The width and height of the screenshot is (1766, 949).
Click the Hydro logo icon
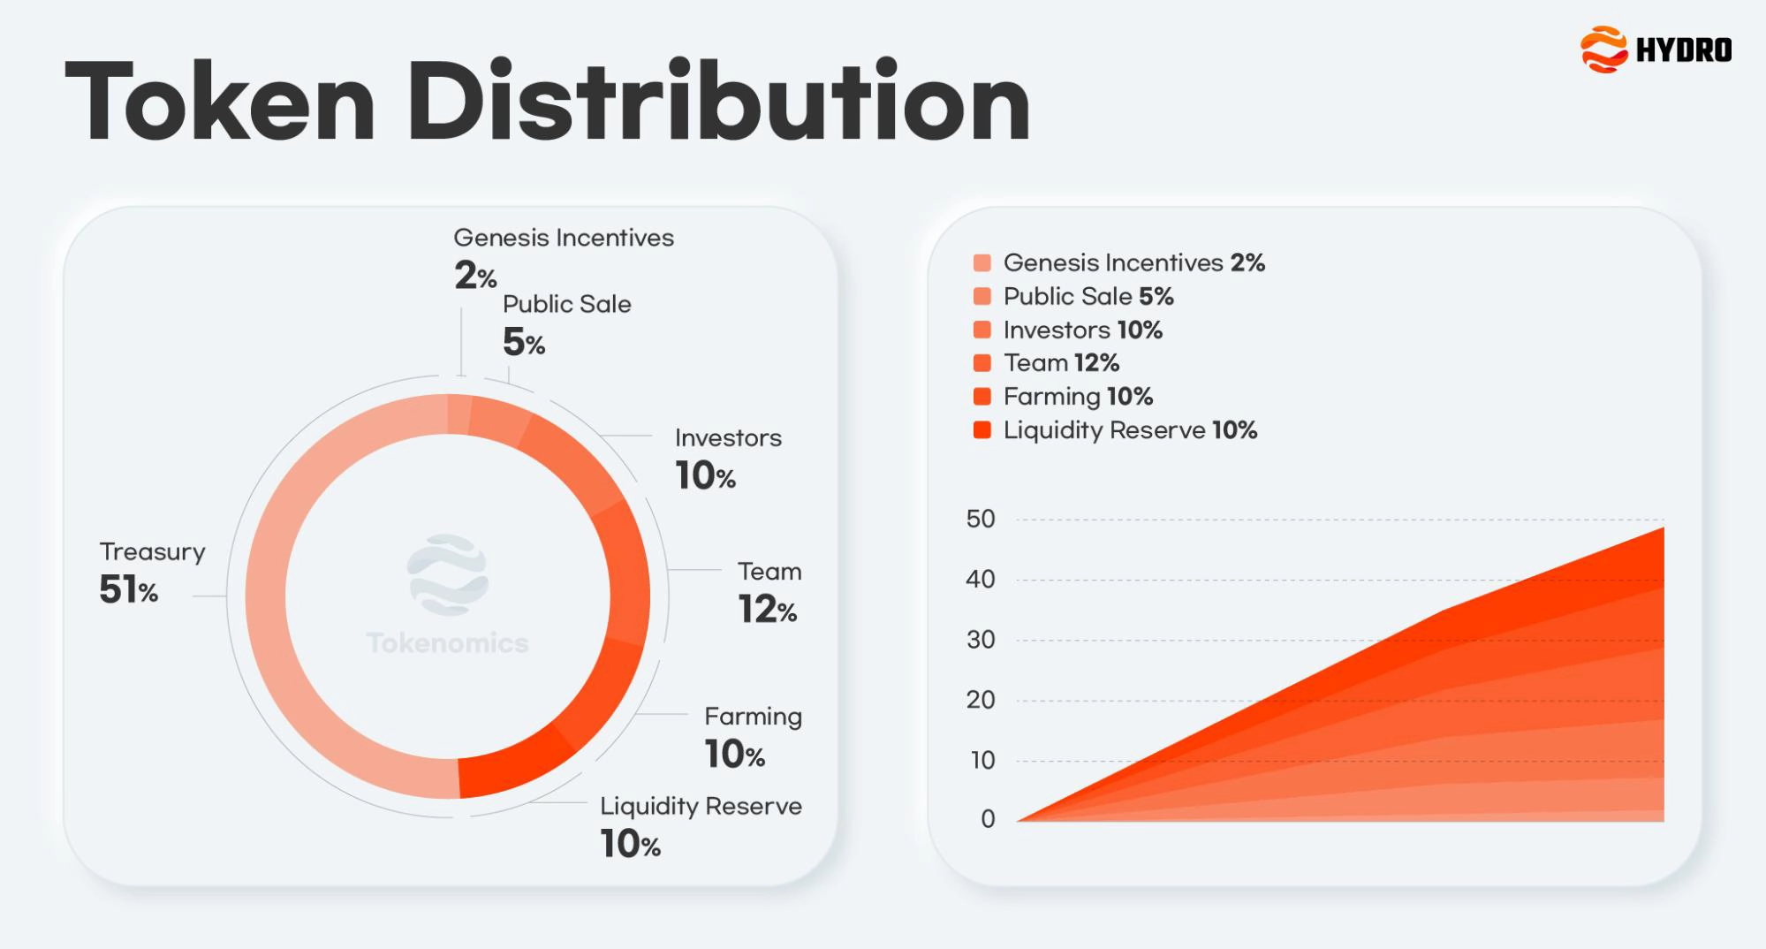click(x=1603, y=49)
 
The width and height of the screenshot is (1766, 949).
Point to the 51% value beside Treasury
click(x=128, y=590)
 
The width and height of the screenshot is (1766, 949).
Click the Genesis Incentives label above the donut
click(x=563, y=238)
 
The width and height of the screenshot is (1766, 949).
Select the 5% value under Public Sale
click(x=523, y=343)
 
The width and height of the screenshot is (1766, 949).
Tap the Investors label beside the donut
click(x=728, y=438)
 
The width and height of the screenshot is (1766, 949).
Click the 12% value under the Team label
click(x=767, y=610)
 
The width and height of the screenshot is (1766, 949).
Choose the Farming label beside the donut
click(x=753, y=717)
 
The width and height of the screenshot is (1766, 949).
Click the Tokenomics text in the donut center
click(x=447, y=643)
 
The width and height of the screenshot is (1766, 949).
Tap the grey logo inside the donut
click(x=447, y=574)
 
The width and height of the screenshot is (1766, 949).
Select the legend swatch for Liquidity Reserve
click(x=982, y=430)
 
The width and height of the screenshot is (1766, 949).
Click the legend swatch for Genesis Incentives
click(x=982, y=263)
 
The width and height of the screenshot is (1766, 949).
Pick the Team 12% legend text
click(x=1061, y=363)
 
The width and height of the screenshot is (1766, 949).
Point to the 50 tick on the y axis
click(x=981, y=519)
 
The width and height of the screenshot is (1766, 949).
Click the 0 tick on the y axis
click(x=988, y=819)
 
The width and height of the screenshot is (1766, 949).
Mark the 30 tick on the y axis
click(x=981, y=640)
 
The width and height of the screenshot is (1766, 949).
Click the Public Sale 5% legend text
click(x=1088, y=297)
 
